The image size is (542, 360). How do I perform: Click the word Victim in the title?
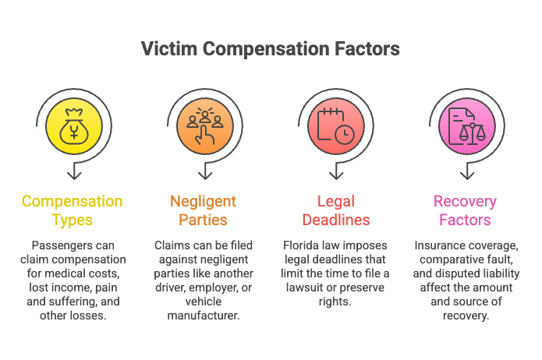169,48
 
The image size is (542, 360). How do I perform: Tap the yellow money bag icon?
74,126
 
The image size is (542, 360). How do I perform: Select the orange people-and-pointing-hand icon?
205,126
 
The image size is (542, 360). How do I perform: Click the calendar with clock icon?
335,126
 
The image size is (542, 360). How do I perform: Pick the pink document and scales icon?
466,126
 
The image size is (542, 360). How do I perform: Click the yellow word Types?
73,220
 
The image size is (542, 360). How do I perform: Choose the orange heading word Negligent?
203,201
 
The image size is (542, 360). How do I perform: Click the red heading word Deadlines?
336,220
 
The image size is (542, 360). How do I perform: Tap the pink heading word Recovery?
465,201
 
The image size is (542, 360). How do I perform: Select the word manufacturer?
204,316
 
